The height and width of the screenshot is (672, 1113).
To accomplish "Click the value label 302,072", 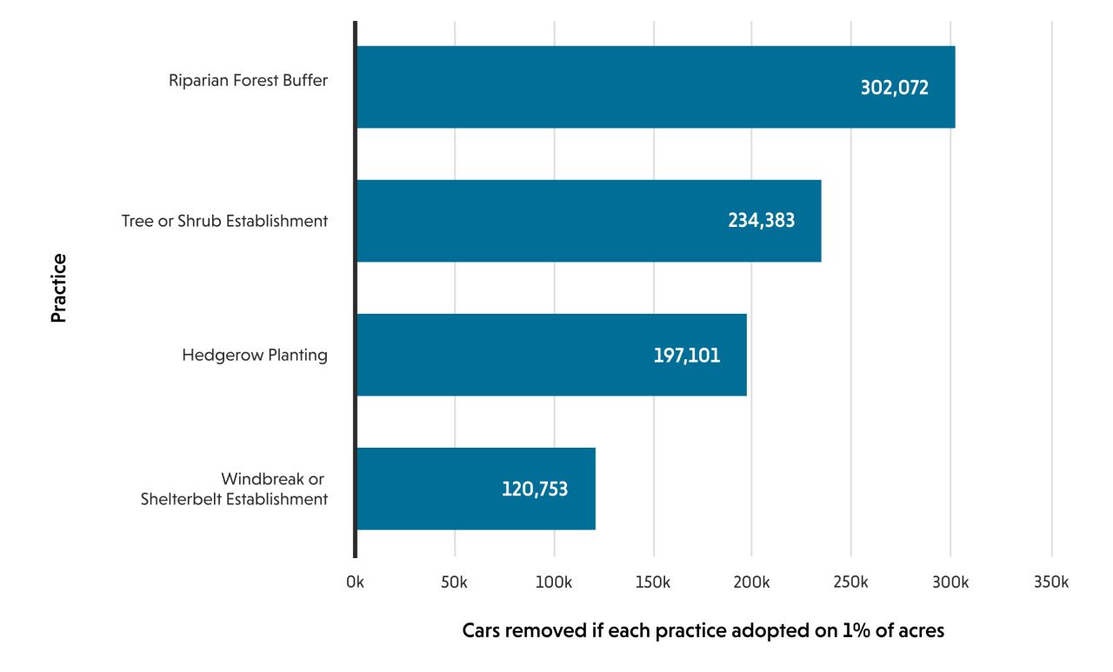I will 895,88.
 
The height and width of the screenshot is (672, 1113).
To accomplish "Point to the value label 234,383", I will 761,221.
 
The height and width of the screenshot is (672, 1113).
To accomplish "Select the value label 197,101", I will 687,355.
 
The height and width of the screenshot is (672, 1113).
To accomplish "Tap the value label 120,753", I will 535,489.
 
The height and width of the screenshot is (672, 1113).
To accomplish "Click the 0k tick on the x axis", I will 355,582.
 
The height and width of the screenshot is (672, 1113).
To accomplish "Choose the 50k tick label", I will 455,582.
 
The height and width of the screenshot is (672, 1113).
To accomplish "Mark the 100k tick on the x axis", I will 554,582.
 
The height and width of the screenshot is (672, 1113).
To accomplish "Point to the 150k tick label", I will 653,582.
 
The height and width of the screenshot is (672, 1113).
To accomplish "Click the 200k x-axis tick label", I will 752,582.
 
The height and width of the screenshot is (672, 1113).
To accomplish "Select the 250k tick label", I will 851,582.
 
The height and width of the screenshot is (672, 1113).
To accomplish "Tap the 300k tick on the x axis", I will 951,582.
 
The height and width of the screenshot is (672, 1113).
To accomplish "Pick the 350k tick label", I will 1051,582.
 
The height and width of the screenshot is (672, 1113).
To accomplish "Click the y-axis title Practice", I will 58,288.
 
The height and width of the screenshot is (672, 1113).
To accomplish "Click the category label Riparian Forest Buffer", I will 248,81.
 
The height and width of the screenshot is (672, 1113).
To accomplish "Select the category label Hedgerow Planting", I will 255,355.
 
